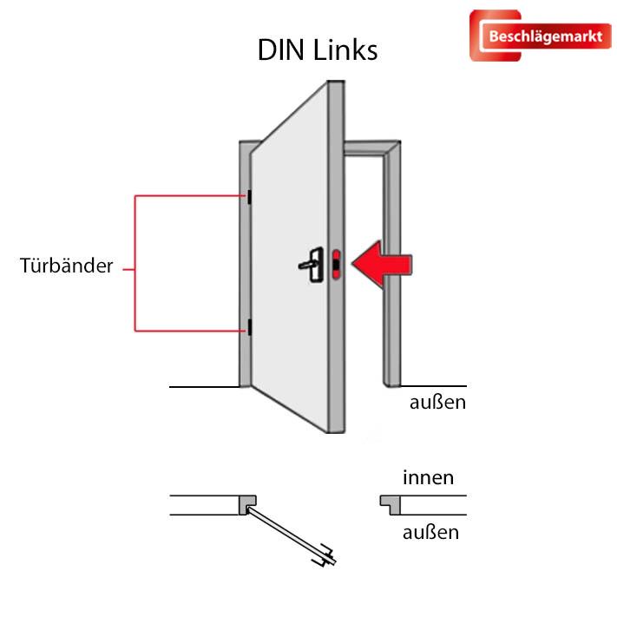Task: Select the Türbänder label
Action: coord(67,266)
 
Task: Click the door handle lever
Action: coord(310,262)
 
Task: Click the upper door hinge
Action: coord(249,197)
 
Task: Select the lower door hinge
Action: coord(249,328)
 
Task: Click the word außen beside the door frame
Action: coord(438,402)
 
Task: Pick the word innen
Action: coord(428,477)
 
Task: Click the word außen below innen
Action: coord(430,531)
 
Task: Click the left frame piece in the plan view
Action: coord(248,504)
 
